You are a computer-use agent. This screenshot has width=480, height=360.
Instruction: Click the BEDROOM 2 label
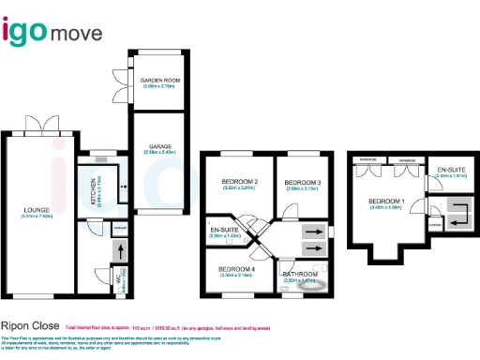point(239,181)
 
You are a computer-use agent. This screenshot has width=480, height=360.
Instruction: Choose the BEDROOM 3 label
point(303,182)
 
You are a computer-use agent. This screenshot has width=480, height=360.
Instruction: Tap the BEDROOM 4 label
point(235,269)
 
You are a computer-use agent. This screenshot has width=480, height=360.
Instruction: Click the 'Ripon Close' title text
point(30,327)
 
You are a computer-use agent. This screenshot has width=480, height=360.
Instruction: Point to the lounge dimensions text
point(37,217)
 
